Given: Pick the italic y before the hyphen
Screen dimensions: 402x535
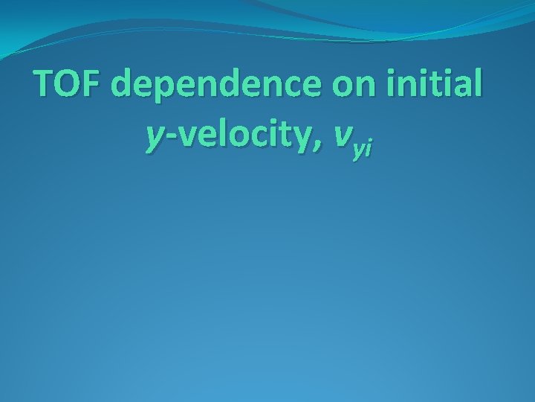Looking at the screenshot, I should pyautogui.click(x=155, y=136).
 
